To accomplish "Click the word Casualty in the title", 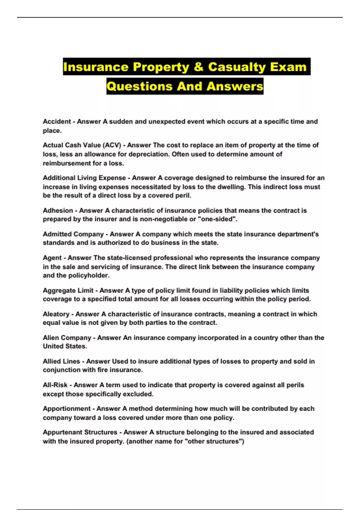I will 237,67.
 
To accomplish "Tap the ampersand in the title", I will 198,67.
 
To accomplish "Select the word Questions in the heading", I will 139,86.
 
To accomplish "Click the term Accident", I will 57,121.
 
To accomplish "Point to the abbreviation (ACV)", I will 112,145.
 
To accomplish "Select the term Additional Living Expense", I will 84,178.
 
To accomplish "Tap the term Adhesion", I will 58,211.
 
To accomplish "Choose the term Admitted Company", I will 73,234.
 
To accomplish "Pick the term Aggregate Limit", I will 68,290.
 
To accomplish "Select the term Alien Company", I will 67,338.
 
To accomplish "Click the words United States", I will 64,346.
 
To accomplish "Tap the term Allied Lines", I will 61,361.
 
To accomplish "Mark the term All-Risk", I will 55,385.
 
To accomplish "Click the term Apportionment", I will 67,409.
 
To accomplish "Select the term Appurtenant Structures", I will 80,432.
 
